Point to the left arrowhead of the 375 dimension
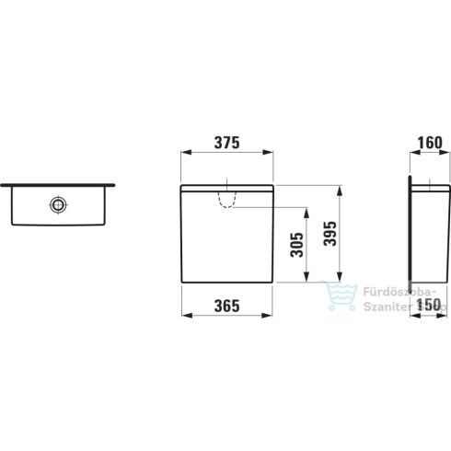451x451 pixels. (x=185, y=156)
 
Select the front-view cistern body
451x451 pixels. (x=227, y=235)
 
